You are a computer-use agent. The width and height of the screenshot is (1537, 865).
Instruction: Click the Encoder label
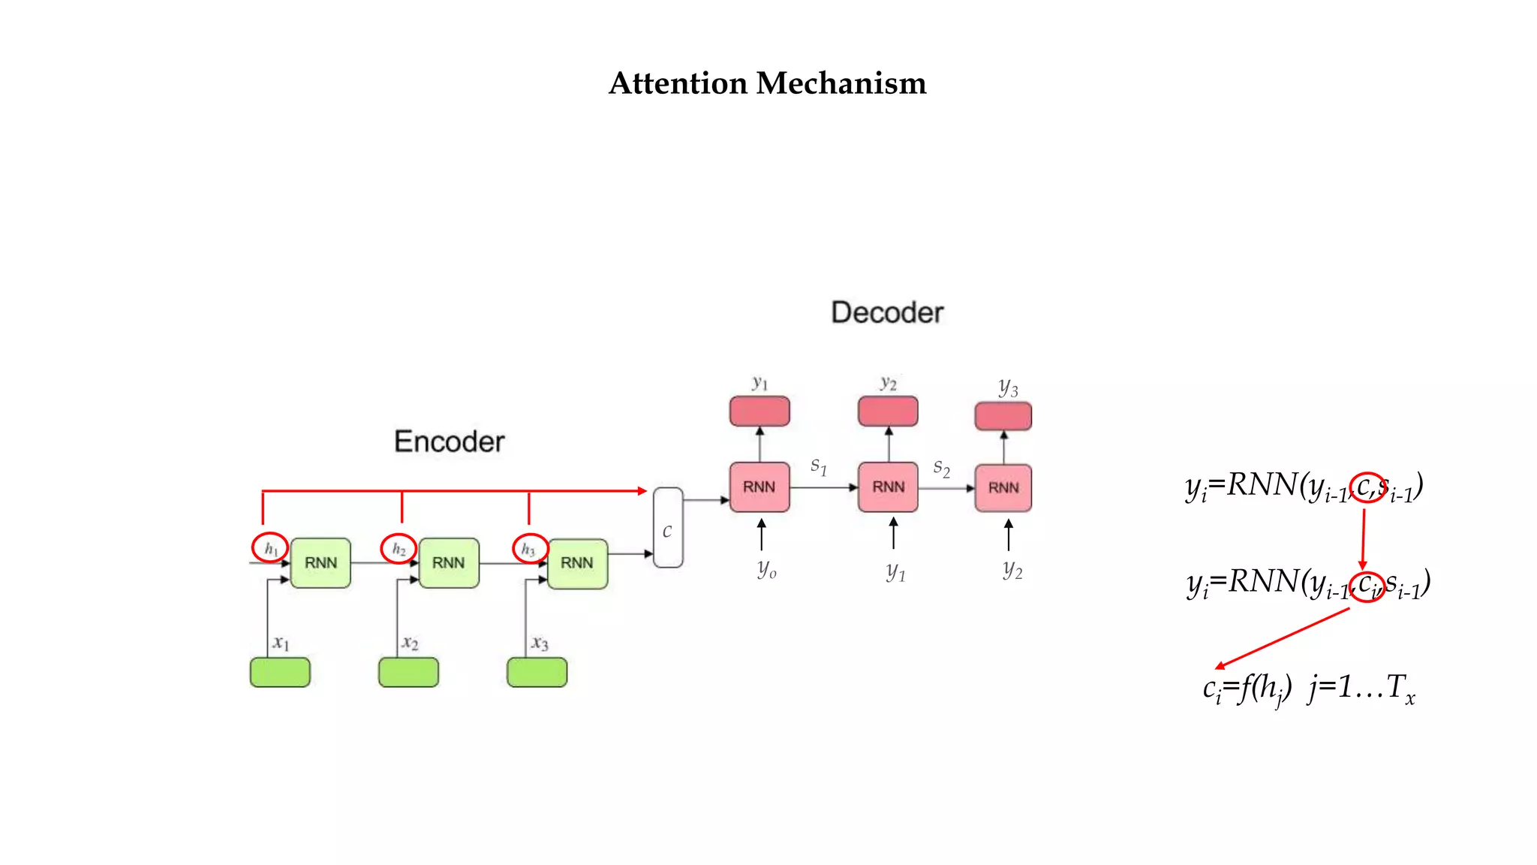pyautogui.click(x=449, y=442)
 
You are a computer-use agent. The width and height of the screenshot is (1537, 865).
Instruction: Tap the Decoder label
pyautogui.click(x=886, y=312)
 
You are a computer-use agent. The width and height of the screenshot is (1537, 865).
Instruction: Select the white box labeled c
pyautogui.click(x=667, y=528)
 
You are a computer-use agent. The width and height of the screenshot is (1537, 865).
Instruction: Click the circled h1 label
pyautogui.click(x=270, y=548)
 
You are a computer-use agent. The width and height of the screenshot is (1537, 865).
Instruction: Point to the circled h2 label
pyautogui.click(x=399, y=549)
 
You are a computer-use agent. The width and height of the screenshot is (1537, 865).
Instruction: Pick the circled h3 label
pyautogui.click(x=529, y=549)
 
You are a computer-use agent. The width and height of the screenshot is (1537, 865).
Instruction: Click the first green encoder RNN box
pyautogui.click(x=320, y=563)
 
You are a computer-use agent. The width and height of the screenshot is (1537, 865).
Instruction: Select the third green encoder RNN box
pyautogui.click(x=577, y=563)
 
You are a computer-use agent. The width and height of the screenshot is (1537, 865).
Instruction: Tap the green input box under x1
pyautogui.click(x=280, y=672)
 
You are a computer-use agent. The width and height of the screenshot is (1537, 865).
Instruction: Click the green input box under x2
pyautogui.click(x=408, y=672)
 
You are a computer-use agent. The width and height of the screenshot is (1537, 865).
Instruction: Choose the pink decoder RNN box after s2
pyautogui.click(x=1003, y=488)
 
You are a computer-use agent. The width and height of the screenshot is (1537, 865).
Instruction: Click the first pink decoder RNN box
pyautogui.click(x=759, y=487)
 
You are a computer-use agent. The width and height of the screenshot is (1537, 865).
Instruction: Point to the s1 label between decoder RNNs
pyautogui.click(x=818, y=466)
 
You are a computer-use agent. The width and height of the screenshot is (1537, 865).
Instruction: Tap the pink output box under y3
pyautogui.click(x=1003, y=416)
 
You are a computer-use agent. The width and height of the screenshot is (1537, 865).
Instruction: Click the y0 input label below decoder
pyautogui.click(x=766, y=568)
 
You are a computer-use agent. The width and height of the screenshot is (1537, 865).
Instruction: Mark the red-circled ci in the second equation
pyautogui.click(x=1367, y=585)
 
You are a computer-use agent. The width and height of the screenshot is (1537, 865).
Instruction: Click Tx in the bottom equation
pyautogui.click(x=1400, y=688)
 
